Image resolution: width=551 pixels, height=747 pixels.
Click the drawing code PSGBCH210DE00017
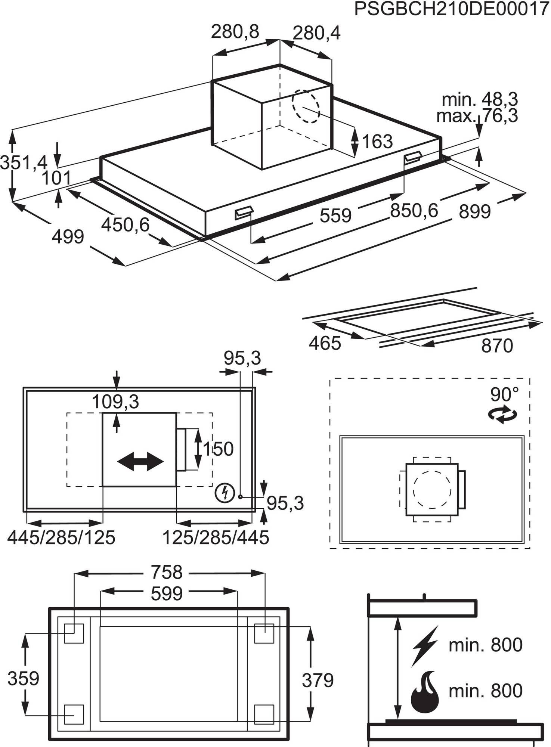[x=451, y=9]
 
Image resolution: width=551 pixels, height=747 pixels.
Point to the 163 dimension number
[x=377, y=142]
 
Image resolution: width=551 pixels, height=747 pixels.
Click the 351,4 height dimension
[x=24, y=163]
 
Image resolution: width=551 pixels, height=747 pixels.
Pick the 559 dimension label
[x=335, y=216]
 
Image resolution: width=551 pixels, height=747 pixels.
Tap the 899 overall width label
[x=474, y=212]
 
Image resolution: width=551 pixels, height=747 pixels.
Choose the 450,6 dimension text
[x=125, y=225]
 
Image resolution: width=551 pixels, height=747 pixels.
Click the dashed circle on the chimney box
[x=306, y=106]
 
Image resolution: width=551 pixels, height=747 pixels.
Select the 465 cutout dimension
[x=325, y=343]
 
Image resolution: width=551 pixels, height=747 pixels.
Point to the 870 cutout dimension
[x=497, y=346]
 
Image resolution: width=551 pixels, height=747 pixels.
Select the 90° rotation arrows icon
[x=503, y=415]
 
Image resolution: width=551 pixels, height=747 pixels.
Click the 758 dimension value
[x=167, y=572]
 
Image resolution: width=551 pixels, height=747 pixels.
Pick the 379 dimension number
[x=318, y=680]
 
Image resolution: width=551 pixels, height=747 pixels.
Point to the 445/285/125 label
[x=61, y=538]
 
